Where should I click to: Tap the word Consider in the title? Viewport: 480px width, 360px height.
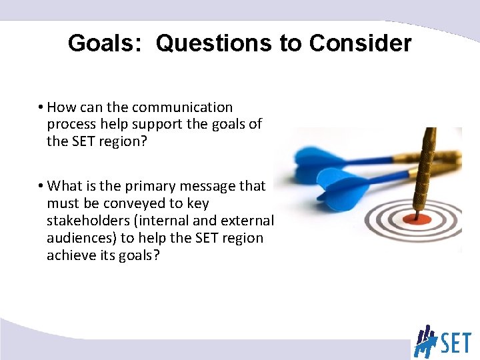pyautogui.click(x=360, y=43)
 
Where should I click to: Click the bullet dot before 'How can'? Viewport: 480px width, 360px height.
pyautogui.click(x=41, y=107)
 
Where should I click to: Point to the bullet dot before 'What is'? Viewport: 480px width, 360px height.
pyautogui.click(x=41, y=186)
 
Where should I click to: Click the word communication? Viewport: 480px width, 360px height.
pyautogui.click(x=182, y=107)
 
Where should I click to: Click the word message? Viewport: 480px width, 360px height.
pyautogui.click(x=211, y=186)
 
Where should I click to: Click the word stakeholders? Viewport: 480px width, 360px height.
pyautogui.click(x=87, y=221)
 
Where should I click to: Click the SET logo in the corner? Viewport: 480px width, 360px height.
pyautogui.click(x=443, y=340)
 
